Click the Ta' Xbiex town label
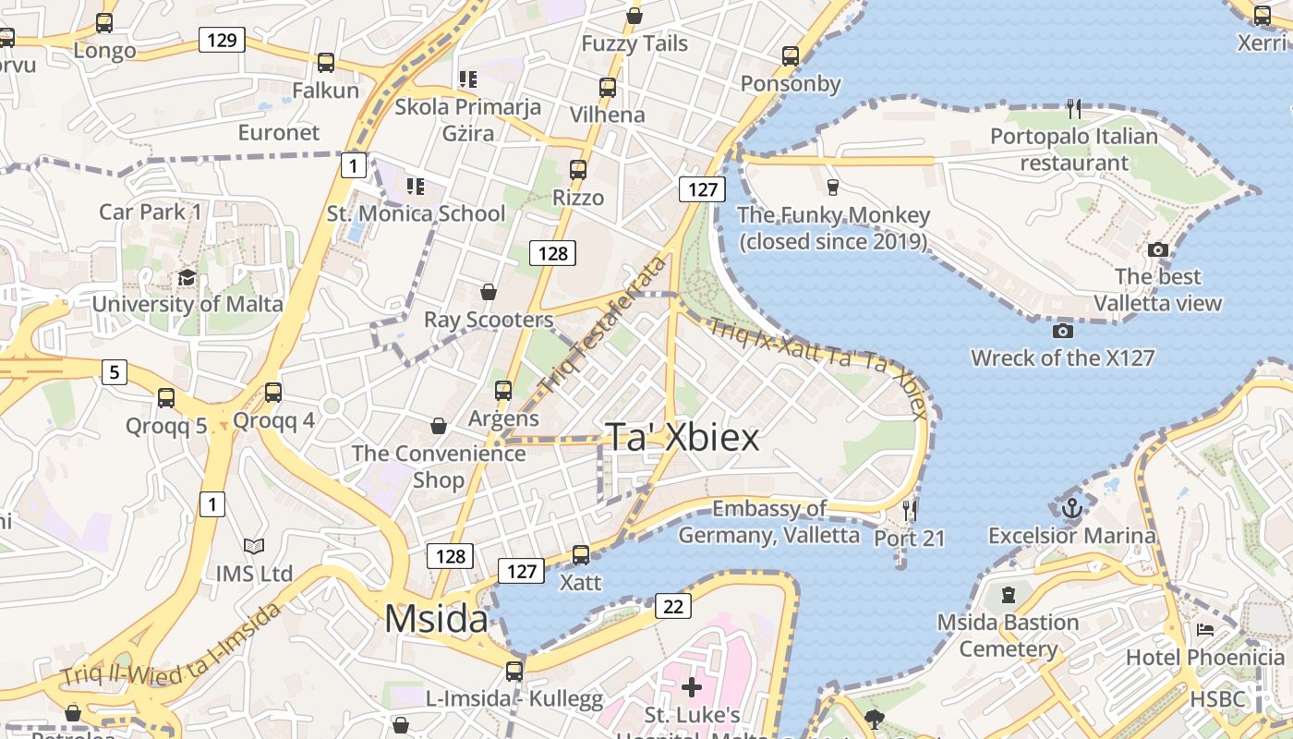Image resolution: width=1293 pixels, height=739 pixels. [x=682, y=437]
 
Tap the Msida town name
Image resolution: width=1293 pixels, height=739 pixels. [x=436, y=618]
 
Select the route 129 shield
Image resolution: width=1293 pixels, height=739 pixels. [x=222, y=40]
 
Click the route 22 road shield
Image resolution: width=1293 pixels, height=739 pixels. [x=673, y=606]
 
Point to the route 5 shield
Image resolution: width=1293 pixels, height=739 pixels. [x=114, y=372]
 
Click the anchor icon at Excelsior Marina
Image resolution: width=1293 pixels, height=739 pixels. [x=1071, y=507]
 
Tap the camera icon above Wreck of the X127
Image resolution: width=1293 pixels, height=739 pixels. [x=1062, y=331]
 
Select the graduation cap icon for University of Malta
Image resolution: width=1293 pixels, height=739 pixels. [x=187, y=278]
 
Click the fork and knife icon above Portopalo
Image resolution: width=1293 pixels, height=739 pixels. [x=1073, y=109]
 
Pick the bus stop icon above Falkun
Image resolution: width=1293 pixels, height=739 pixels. [x=325, y=63]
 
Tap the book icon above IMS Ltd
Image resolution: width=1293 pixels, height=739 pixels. [x=254, y=547]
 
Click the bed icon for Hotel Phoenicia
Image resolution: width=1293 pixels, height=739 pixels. [x=1205, y=631]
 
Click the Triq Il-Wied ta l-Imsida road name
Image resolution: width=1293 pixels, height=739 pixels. [x=171, y=645]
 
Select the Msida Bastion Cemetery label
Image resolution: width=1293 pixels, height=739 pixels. [x=1008, y=636]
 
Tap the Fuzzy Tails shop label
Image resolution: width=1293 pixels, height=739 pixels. [x=634, y=43]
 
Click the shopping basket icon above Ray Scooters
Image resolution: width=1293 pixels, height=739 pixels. [x=489, y=293]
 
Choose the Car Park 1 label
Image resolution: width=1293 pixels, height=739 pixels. [x=151, y=212]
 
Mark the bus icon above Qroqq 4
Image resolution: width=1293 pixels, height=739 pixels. [x=273, y=393]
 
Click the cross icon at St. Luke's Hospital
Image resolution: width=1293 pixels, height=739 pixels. [x=692, y=687]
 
